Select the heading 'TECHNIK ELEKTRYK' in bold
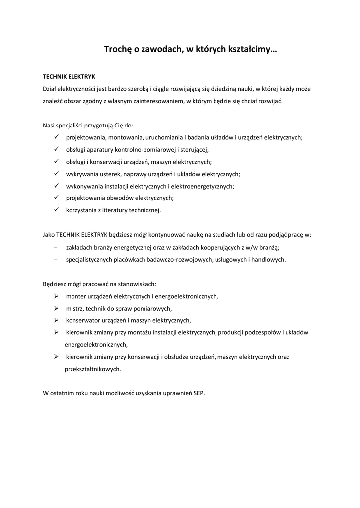click(x=69, y=77)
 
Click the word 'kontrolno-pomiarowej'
click(x=145, y=149)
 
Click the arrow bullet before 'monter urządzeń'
click(x=56, y=296)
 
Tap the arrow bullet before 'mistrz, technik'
click(x=56, y=308)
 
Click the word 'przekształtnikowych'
click(x=92, y=369)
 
